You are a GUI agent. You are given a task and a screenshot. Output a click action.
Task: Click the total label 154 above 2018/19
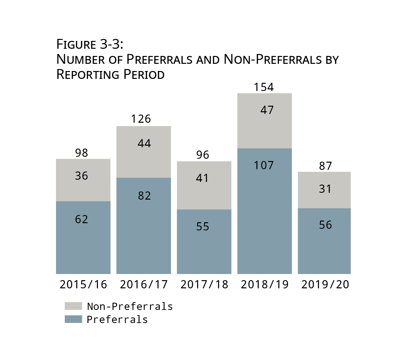click(x=264, y=87)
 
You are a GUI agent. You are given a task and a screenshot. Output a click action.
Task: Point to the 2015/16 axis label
click(x=83, y=284)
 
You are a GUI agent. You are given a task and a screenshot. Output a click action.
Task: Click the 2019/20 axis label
click(x=325, y=284)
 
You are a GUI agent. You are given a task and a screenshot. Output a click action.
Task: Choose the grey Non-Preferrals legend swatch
click(x=73, y=306)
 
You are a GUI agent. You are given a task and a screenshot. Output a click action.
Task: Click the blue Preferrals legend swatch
click(x=73, y=319)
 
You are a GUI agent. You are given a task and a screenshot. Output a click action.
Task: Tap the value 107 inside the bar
click(x=264, y=165)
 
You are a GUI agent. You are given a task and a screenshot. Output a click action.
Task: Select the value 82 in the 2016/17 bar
click(x=144, y=196)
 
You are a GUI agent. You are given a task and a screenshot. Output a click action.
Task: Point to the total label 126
click(x=141, y=119)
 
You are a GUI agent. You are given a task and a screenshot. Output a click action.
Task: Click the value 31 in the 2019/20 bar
click(x=325, y=189)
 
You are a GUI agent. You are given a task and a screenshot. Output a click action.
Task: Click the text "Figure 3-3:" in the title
click(x=90, y=44)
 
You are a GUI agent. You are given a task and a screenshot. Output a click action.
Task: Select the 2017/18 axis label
click(x=204, y=284)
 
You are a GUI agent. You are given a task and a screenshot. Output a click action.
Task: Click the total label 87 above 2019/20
click(x=325, y=166)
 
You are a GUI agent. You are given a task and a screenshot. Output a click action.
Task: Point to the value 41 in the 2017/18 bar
click(x=202, y=178)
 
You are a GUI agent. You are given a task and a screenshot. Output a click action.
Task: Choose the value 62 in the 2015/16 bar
click(x=82, y=219)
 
